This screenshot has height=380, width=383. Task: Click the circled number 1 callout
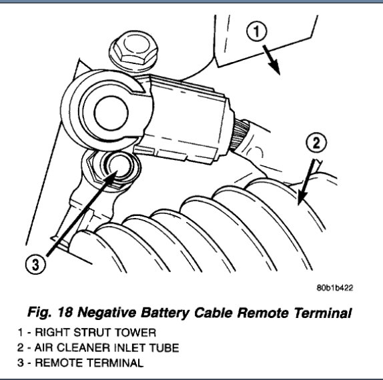[x=256, y=31]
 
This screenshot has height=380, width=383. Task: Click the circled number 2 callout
[x=316, y=143]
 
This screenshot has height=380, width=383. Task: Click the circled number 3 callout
[x=35, y=264]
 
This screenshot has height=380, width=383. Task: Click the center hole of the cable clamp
[x=111, y=113]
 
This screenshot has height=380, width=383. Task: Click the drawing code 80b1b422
[x=335, y=288]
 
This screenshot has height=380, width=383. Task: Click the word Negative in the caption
[x=107, y=313]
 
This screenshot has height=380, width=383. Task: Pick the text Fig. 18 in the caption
[x=50, y=313]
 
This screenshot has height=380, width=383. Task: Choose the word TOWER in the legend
[x=135, y=333]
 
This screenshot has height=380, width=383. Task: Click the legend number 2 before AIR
[x=21, y=348]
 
